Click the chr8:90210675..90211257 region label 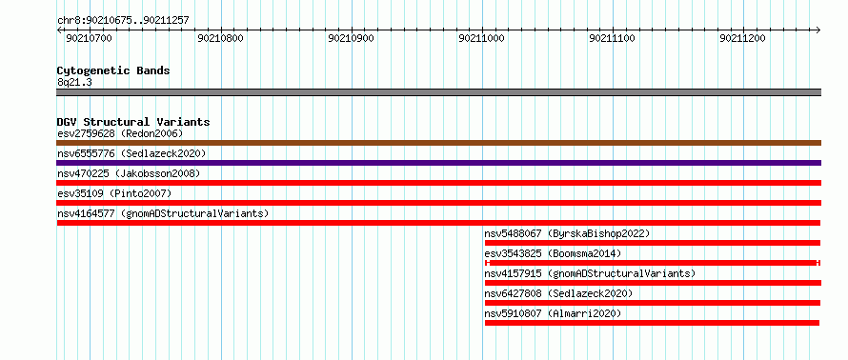(x=123, y=21)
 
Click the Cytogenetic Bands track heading (x=113, y=70)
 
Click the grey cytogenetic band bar (x=438, y=92)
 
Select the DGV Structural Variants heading (x=133, y=122)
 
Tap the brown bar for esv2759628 (x=438, y=143)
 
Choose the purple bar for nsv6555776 (x=438, y=163)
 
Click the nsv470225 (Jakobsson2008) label (x=129, y=173)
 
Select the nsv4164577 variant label (x=163, y=213)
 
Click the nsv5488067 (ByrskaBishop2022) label (x=567, y=233)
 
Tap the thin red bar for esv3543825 (x=653, y=263)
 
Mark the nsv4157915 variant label (x=590, y=273)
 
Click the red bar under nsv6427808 (x=653, y=303)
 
